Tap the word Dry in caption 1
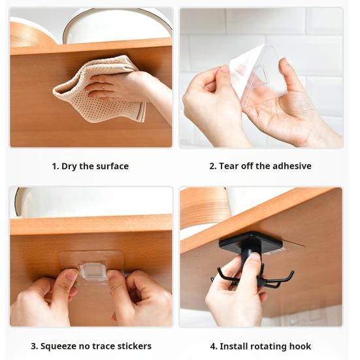[x=69, y=166]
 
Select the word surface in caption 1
[x=112, y=166]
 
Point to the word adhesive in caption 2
[x=291, y=166]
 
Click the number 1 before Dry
[x=54, y=166]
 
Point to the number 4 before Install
[x=213, y=346]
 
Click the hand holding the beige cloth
[x=118, y=85]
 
